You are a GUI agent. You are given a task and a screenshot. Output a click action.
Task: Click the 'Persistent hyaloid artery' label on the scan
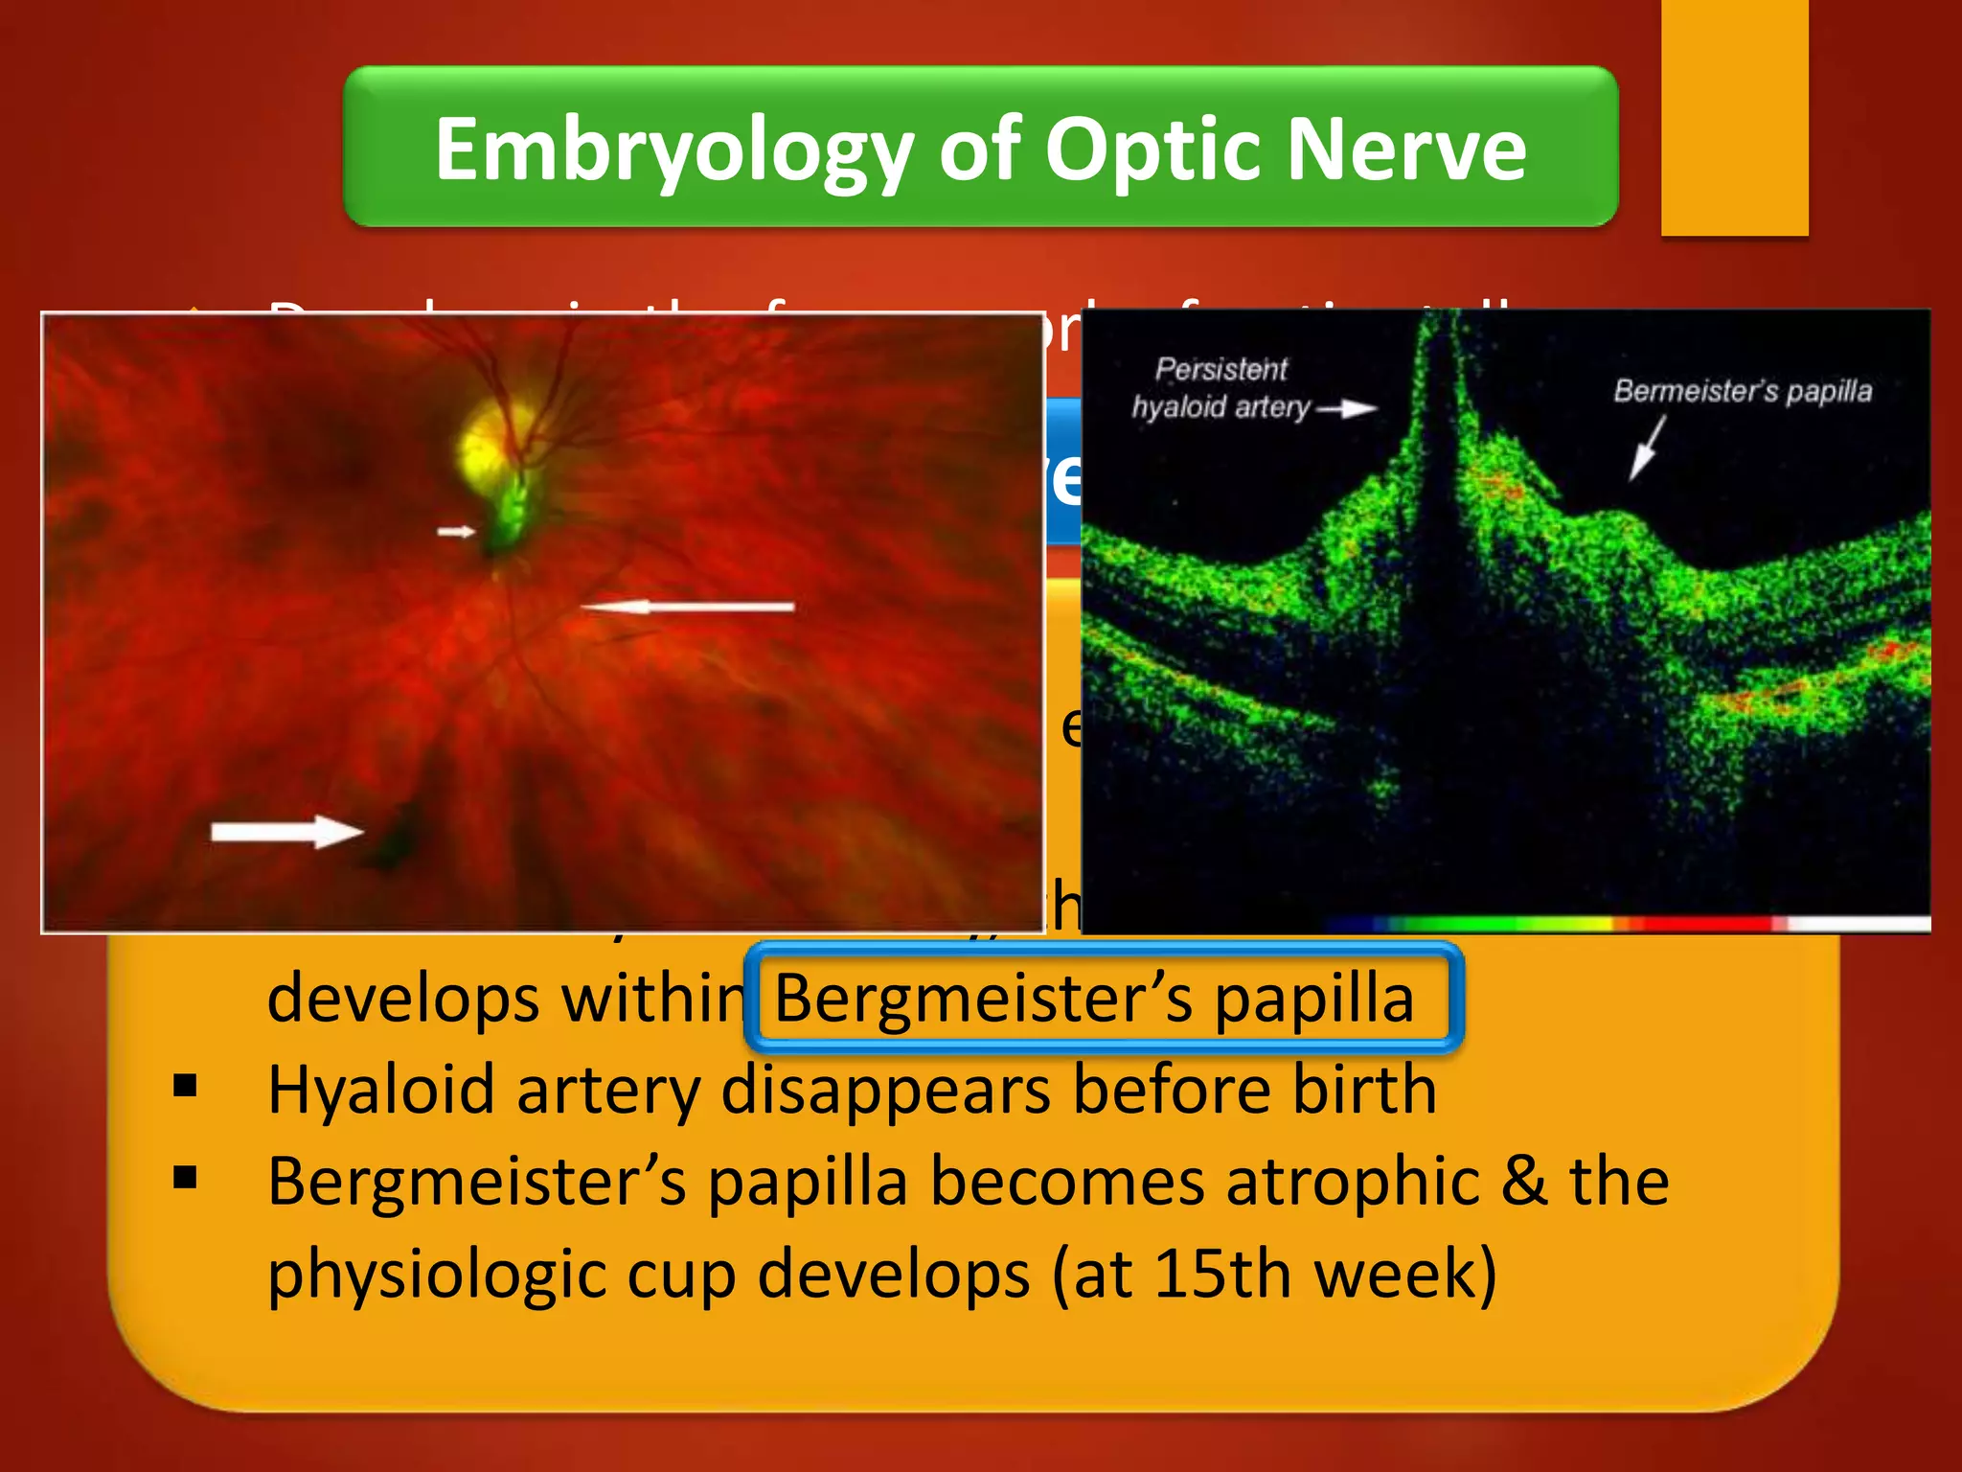(1221, 388)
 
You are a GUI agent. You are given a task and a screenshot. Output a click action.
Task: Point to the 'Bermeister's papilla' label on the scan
(1742, 391)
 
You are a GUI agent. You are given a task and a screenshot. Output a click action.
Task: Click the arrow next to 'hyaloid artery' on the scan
(1346, 409)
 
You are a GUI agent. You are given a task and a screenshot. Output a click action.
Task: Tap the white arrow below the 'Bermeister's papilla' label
(1647, 448)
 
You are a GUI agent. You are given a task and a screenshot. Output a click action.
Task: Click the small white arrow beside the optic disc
(457, 531)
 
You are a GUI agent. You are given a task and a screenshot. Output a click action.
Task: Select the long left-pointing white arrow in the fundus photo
(688, 607)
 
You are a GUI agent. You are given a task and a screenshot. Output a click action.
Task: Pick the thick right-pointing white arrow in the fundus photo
(286, 831)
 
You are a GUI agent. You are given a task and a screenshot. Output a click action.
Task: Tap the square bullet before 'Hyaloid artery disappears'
(186, 1086)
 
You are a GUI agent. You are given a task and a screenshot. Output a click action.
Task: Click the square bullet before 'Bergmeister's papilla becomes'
(186, 1177)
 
